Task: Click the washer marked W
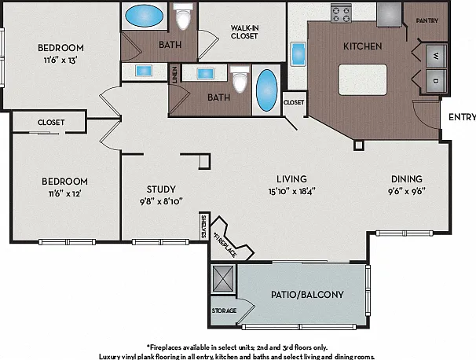point(436,56)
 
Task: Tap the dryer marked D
point(436,81)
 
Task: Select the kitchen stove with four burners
point(341,13)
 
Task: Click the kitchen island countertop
point(363,79)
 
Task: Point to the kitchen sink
point(298,54)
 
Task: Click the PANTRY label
point(427,20)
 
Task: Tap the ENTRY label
point(462,117)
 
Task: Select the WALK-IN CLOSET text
point(244,32)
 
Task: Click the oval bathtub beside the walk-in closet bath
point(144,16)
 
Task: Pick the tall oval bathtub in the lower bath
point(267,90)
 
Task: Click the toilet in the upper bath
point(183,17)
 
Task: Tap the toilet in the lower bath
point(240,79)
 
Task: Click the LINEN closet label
point(175,75)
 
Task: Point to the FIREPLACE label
point(225,245)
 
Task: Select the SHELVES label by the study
point(203,226)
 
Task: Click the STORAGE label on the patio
point(224,310)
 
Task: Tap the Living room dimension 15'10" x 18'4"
point(291,191)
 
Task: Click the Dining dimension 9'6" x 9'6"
point(407,191)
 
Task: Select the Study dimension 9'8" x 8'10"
point(161,201)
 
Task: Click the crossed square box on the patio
point(223,278)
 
